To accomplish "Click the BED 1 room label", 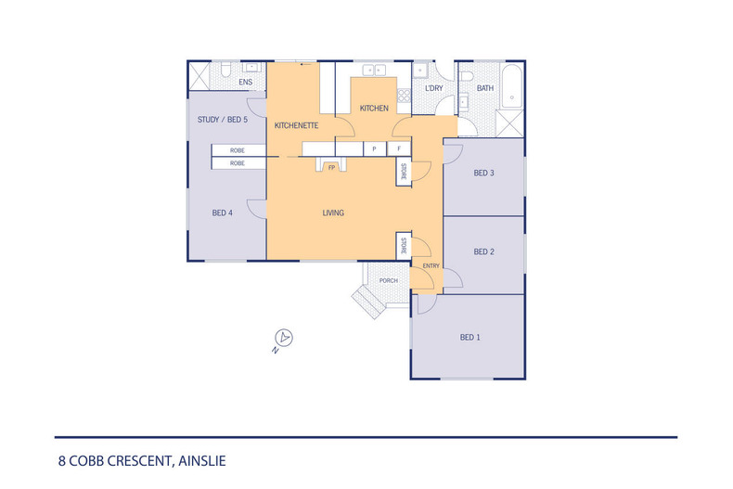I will [x=469, y=337].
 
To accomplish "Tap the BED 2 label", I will [x=483, y=251].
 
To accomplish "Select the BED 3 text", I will [x=483, y=173].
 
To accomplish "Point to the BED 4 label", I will [x=222, y=212].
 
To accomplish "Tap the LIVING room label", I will [x=333, y=212].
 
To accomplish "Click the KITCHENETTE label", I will [x=297, y=124].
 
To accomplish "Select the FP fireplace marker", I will [x=331, y=168].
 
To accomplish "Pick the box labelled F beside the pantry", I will [x=399, y=148].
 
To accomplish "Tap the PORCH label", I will [x=389, y=280].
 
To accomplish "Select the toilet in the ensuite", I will [x=225, y=71].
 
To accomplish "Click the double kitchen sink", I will [x=374, y=70].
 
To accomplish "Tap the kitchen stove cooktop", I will [x=403, y=94].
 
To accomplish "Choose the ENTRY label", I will [x=431, y=266].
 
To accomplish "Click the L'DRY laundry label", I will [x=433, y=89].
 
